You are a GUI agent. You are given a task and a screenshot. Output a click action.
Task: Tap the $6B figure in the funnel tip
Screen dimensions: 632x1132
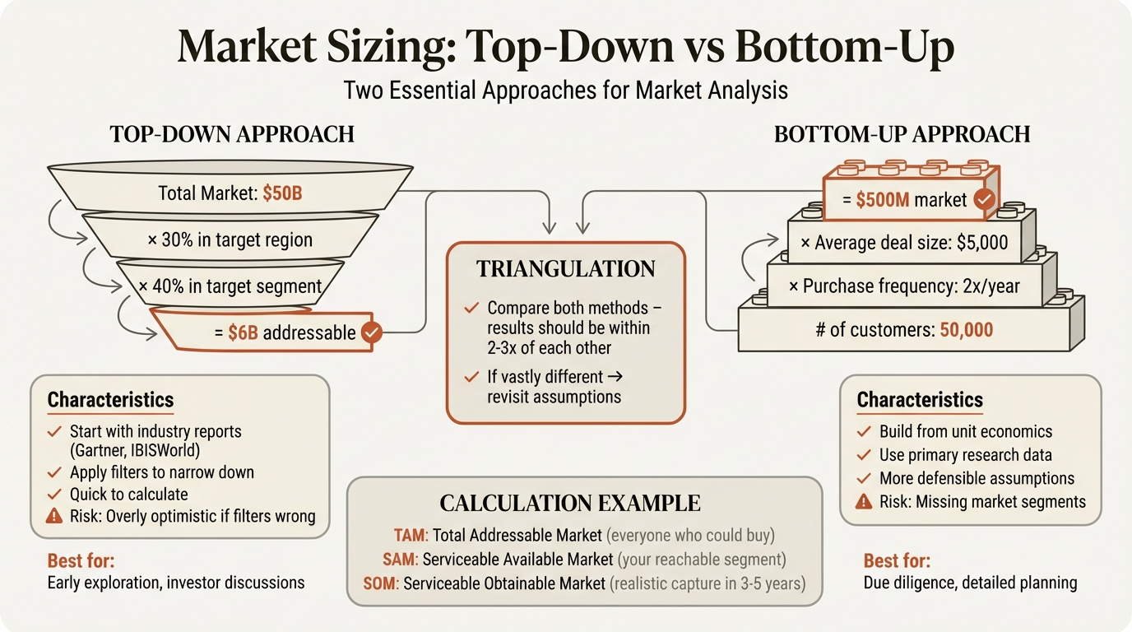(x=241, y=332)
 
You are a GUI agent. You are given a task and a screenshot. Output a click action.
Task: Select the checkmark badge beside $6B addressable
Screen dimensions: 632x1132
(x=371, y=332)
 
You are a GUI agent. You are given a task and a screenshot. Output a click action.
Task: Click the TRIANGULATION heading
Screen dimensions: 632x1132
(x=565, y=269)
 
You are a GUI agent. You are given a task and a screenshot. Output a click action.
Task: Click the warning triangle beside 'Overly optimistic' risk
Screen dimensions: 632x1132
(x=54, y=517)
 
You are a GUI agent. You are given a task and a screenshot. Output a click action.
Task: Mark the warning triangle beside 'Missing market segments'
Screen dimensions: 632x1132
(x=865, y=501)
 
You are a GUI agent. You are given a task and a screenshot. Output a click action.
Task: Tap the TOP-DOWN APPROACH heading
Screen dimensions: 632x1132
(x=232, y=134)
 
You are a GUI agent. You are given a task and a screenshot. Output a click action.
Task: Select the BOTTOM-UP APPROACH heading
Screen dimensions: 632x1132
(x=902, y=134)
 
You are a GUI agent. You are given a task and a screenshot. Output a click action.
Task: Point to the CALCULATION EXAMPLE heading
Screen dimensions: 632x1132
(x=570, y=503)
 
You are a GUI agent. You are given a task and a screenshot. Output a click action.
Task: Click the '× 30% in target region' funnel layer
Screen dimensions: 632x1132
(x=231, y=240)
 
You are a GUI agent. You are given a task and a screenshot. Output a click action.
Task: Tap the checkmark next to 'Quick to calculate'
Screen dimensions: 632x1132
(x=54, y=495)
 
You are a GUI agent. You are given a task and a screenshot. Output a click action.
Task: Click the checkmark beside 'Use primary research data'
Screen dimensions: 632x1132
(x=865, y=455)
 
